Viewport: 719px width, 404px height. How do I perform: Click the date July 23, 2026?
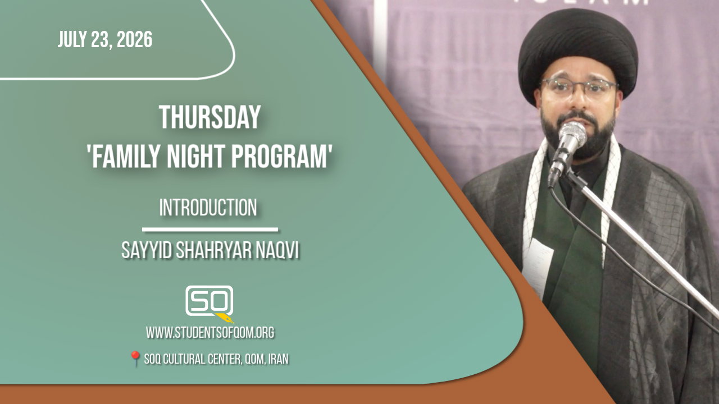105,40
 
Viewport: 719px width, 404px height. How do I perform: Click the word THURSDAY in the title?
210,117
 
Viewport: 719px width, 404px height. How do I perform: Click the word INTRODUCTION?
208,208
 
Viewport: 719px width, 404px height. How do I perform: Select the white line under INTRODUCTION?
210,229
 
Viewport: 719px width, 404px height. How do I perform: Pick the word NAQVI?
277,251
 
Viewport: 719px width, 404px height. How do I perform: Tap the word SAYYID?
147,251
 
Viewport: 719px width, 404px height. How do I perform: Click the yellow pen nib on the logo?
225,318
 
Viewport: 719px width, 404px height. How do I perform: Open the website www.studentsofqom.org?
210,333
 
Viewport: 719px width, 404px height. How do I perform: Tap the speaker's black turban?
577,50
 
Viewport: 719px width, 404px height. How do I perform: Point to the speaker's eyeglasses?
579,87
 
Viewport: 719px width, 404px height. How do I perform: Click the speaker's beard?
578,135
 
